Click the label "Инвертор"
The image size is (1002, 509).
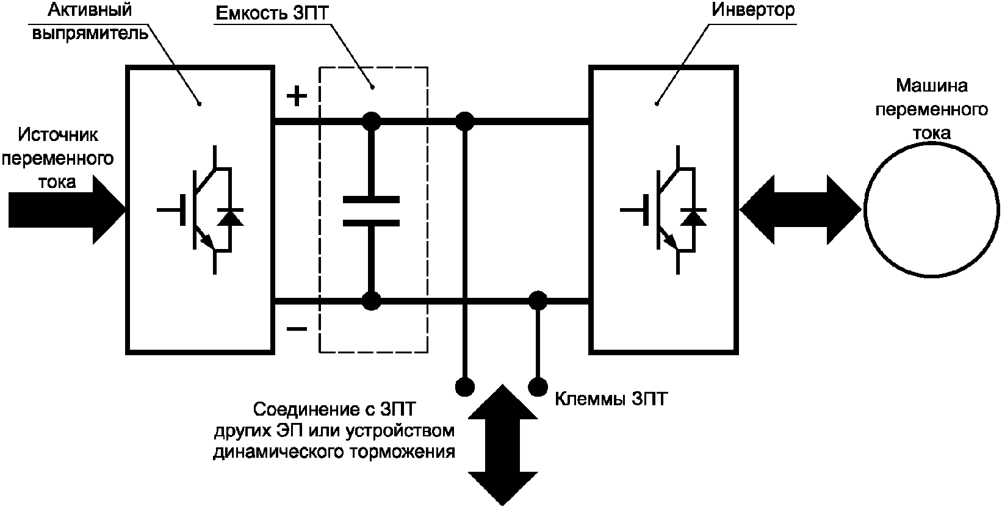pyautogui.click(x=753, y=10)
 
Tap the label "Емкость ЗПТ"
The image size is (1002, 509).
pyautogui.click(x=272, y=13)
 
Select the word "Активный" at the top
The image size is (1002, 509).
pyautogui.click(x=90, y=10)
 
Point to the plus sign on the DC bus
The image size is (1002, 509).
pyautogui.click(x=297, y=96)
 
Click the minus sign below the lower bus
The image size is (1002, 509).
pyautogui.click(x=297, y=329)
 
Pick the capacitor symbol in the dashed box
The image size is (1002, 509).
pyautogui.click(x=371, y=211)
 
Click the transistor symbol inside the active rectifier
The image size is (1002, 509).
pyautogui.click(x=200, y=210)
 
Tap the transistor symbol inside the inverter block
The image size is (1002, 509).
pyautogui.click(x=663, y=210)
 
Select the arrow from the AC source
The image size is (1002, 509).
pyautogui.click(x=67, y=210)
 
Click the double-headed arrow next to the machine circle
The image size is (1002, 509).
pyautogui.click(x=800, y=210)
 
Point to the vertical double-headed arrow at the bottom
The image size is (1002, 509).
pyautogui.click(x=503, y=445)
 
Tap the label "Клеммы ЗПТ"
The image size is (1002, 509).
pyautogui.click(x=611, y=399)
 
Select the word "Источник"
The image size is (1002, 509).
pyautogui.click(x=58, y=135)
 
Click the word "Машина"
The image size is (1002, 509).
pyautogui.click(x=932, y=85)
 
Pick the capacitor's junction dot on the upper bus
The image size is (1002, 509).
pyautogui.click(x=371, y=121)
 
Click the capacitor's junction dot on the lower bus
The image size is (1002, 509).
pyautogui.click(x=371, y=301)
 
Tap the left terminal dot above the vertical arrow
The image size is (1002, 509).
pyautogui.click(x=465, y=386)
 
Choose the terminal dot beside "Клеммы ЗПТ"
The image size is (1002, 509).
pyautogui.click(x=538, y=386)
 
